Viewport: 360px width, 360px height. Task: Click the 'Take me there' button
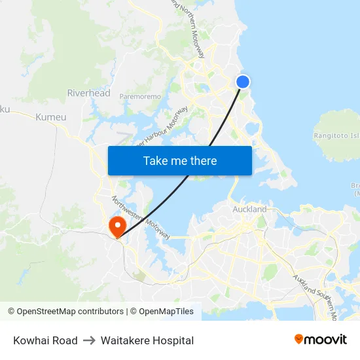179,160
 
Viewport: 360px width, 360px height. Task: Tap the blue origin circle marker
243,82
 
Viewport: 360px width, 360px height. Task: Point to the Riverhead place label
89,93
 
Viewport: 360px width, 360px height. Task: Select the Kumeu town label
51,117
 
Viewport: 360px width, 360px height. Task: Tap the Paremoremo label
140,96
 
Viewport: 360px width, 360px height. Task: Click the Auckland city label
249,209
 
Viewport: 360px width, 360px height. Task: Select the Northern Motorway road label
192,29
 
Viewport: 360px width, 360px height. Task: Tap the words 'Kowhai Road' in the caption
45,340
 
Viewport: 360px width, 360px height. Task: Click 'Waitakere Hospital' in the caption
147,340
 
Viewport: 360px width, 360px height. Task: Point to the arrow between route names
89,340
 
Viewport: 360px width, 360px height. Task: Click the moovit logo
321,339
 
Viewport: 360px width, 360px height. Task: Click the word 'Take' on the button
155,160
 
